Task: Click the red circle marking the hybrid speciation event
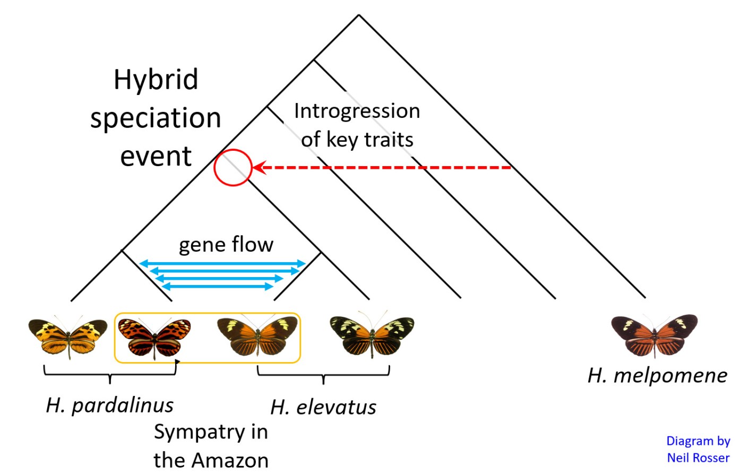[233, 168]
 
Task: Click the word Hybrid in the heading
[156, 80]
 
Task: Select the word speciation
[156, 118]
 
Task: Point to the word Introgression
[357, 111]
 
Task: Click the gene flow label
[226, 245]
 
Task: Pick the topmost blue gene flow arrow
[222, 263]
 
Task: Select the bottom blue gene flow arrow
[217, 287]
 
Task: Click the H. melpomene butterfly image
[654, 334]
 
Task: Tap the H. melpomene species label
[657, 375]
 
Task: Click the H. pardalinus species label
[109, 405]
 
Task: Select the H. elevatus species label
[323, 407]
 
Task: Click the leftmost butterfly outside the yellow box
[68, 337]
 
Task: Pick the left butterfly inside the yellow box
[154, 337]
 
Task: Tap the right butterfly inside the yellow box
[257, 335]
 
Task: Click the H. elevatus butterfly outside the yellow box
[372, 335]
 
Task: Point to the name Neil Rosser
[698, 458]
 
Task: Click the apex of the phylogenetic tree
[359, 15]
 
